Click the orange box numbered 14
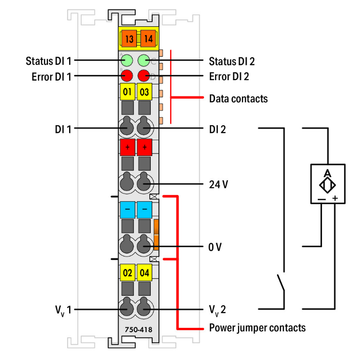(148, 38)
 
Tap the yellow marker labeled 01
(127, 91)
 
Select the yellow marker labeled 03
(144, 91)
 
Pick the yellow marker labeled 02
(127, 273)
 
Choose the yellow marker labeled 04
(144, 273)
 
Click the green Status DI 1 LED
(127, 61)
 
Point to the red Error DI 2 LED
(144, 75)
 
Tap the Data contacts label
(238, 99)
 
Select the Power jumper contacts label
(257, 328)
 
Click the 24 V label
(219, 183)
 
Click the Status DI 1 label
(48, 61)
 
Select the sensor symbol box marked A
(327, 184)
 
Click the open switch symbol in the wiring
(281, 284)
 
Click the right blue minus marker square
(144, 210)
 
